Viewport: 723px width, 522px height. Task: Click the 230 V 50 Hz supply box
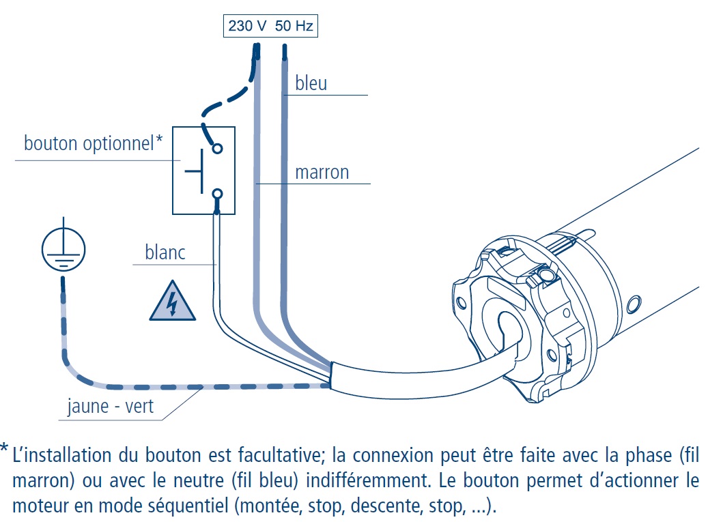pyautogui.click(x=270, y=27)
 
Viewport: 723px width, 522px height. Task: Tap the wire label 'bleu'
pyautogui.click(x=311, y=83)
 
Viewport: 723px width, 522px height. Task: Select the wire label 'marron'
pyautogui.click(x=322, y=172)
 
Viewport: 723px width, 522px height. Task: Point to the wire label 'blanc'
pyautogui.click(x=165, y=252)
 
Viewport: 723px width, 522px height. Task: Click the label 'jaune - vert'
pyautogui.click(x=111, y=407)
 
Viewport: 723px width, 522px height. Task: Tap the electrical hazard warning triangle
pyautogui.click(x=173, y=302)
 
